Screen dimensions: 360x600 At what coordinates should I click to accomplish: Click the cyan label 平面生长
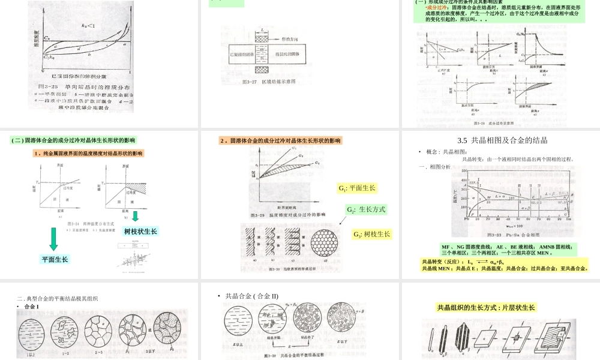[x=55, y=259]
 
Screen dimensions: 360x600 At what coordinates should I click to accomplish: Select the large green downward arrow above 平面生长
[x=54, y=239]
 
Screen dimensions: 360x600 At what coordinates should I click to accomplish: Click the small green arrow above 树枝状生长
[x=136, y=216]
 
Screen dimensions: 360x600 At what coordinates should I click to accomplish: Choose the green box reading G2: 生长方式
[x=365, y=210]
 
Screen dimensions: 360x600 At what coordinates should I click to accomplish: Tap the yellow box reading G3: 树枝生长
[x=372, y=234]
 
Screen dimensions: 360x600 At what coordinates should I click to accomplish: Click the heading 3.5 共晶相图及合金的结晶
[x=500, y=140]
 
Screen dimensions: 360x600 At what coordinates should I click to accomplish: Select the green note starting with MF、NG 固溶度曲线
[x=508, y=250]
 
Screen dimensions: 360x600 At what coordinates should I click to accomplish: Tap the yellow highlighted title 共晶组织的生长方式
[x=486, y=308]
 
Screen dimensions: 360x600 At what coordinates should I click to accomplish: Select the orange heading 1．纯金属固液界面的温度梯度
[x=88, y=154]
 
